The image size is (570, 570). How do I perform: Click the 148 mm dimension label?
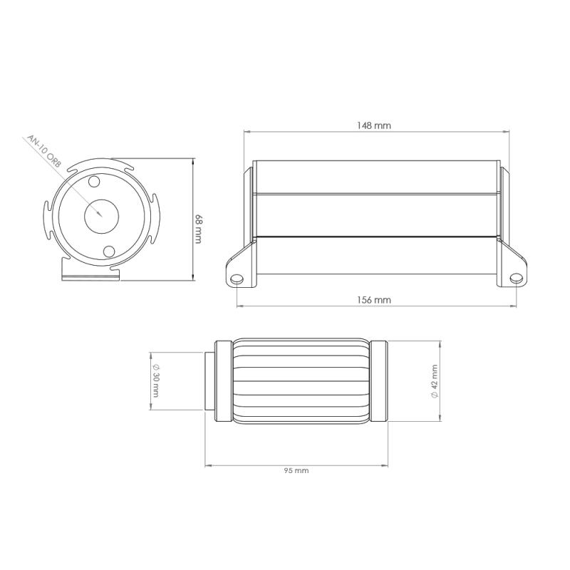[x=373, y=126]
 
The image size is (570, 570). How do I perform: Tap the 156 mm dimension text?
[x=373, y=300]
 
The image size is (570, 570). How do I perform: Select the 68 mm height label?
[x=199, y=229]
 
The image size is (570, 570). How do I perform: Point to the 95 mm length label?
[x=296, y=471]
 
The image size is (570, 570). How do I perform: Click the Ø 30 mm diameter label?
[x=156, y=380]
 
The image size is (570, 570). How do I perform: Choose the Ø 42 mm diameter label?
[x=435, y=382]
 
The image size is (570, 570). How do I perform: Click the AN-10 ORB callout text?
[x=43, y=152]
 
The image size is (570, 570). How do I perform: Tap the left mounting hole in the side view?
[x=237, y=279]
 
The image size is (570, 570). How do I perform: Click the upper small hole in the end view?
[x=94, y=182]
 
